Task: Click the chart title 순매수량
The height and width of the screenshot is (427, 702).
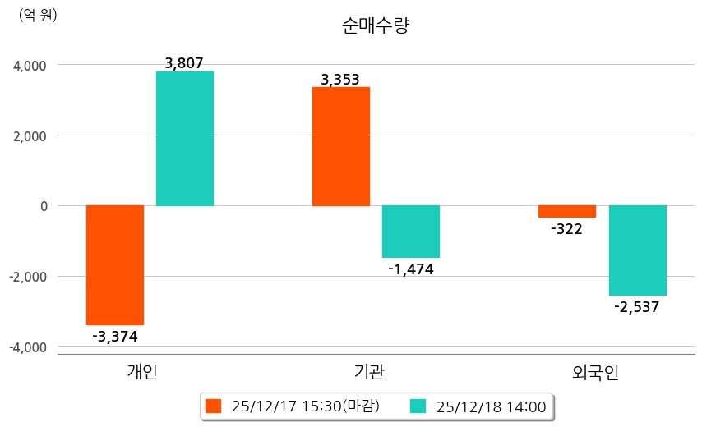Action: pos(376,25)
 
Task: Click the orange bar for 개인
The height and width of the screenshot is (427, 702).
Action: pos(115,264)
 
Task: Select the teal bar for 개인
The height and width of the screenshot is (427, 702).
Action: pos(185,138)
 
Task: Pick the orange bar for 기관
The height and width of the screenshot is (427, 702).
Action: pos(341,146)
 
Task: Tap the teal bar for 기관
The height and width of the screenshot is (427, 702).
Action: pos(411,232)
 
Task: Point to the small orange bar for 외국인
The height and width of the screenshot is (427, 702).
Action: pos(567,211)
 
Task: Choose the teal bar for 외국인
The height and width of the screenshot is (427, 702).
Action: pos(637,250)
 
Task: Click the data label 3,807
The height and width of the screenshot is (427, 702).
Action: pos(184,62)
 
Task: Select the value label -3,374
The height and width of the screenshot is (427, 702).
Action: pos(115,336)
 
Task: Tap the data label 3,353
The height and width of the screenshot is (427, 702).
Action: pos(340,79)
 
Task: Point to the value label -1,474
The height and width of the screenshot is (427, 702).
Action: pos(410,269)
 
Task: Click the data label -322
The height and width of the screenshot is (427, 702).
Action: pos(566,229)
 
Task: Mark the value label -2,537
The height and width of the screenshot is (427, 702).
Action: pos(636,307)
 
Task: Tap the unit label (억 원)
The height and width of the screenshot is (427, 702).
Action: pos(38,15)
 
